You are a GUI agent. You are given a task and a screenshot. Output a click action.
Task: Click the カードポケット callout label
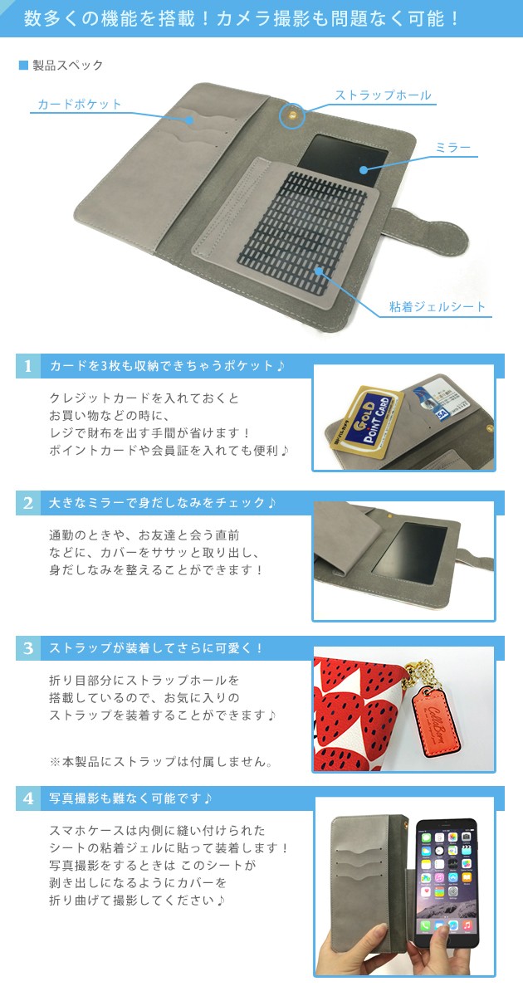79,104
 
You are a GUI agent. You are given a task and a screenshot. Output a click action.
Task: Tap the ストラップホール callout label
383,95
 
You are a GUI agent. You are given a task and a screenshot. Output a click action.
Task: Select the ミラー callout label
452,147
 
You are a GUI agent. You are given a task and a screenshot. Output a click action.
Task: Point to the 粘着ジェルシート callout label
437,307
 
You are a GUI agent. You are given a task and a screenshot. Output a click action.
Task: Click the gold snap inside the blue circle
292,115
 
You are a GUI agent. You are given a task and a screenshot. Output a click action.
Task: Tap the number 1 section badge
28,366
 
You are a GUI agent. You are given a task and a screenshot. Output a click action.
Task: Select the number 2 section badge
28,503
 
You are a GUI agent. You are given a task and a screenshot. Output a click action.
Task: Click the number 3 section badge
28,648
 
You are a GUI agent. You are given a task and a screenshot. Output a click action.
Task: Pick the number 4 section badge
28,798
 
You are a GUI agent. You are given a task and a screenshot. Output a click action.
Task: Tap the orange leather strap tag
435,717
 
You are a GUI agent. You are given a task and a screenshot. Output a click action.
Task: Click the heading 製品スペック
67,66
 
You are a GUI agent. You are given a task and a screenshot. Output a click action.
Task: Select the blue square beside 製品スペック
23,66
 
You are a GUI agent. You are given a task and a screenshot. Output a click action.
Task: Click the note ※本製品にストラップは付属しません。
161,762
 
